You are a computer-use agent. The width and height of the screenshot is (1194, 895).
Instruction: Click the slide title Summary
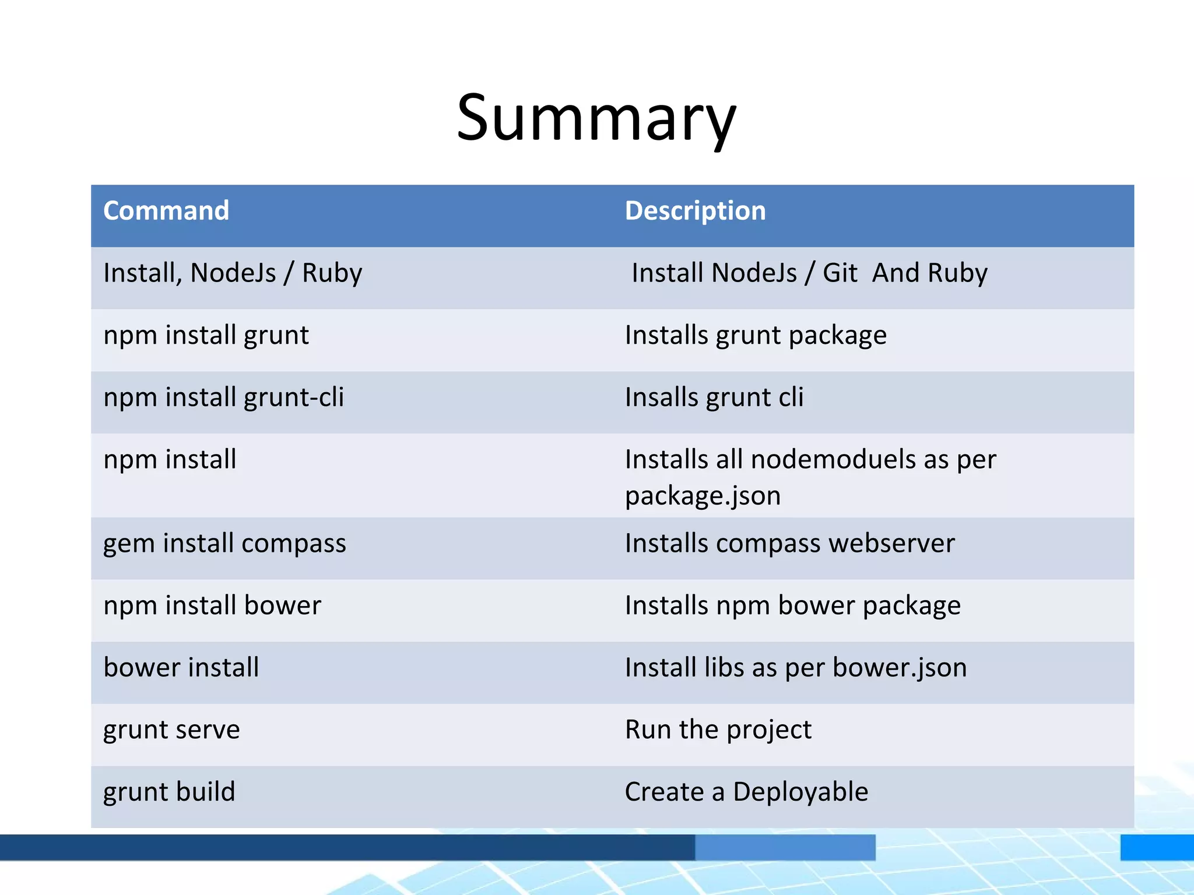click(596, 118)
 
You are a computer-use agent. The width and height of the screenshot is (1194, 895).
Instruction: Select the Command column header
click(166, 211)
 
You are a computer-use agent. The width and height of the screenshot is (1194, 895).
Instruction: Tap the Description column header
click(695, 211)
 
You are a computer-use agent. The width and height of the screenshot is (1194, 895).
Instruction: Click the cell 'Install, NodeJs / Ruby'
click(233, 273)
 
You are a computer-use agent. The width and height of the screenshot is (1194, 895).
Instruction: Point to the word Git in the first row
click(840, 273)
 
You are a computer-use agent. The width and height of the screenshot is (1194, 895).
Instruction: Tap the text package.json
click(703, 496)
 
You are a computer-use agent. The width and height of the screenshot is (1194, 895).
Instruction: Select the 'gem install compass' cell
click(224, 544)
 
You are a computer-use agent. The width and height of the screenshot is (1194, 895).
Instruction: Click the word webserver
click(892, 544)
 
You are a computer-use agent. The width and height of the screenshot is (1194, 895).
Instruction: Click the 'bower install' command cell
click(181, 668)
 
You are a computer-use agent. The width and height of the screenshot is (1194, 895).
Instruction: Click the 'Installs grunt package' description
click(756, 336)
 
